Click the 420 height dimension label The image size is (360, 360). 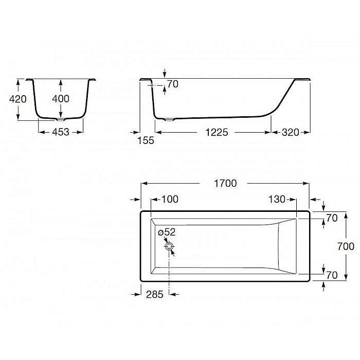coord(17,99)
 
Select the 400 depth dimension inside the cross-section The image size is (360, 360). coord(61,99)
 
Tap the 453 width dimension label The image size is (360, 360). coord(61,132)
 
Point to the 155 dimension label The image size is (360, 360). coord(146,140)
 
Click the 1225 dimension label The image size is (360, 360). coord(217,132)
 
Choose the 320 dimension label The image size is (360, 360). coord(291,132)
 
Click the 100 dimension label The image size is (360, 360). coord(171,200)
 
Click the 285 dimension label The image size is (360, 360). coord(154,294)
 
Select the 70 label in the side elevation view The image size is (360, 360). coord(173,84)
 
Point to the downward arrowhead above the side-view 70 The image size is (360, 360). coord(164,76)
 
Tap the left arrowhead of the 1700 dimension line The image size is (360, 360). coord(143,183)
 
